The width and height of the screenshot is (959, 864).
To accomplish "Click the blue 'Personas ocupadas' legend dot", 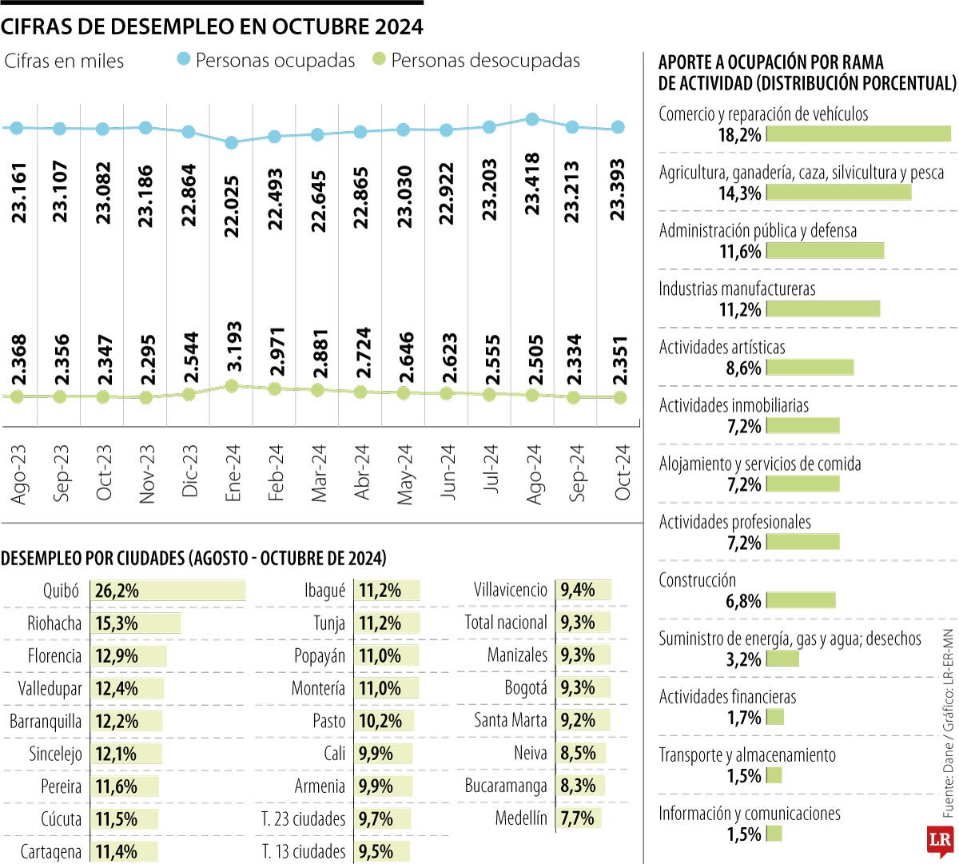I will point(184,59).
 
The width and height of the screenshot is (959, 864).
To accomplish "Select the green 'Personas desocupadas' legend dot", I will point(380,59).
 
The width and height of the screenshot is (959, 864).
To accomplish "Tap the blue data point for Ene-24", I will point(232,142).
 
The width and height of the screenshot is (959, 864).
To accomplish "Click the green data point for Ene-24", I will point(232,386).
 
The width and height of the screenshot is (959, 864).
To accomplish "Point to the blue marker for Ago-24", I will point(532,119).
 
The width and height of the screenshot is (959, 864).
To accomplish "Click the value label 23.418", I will point(533,184).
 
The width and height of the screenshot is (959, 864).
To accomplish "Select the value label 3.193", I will point(233,346).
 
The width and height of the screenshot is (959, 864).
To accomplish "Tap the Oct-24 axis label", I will point(623,472).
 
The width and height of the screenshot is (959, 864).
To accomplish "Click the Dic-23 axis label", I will point(189,472).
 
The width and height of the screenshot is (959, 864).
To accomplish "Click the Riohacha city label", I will point(54,623).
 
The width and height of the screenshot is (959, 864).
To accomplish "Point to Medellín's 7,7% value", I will point(577,818).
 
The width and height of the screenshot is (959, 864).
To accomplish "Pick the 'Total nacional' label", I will point(506,623).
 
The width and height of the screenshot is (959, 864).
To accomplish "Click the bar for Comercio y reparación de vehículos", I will point(858,134).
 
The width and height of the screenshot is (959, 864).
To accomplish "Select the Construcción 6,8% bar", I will point(801,600).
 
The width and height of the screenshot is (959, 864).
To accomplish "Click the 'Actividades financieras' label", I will point(727,697).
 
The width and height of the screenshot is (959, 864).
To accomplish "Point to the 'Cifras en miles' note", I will point(64,61).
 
